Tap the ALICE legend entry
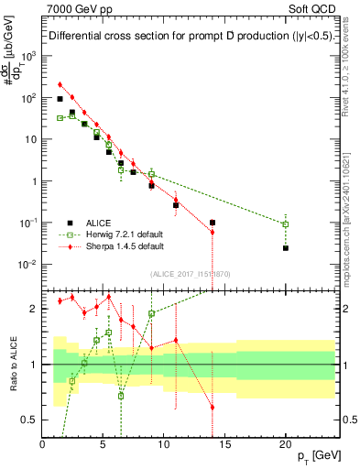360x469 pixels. (99, 222)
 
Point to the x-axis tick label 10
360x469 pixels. (164, 446)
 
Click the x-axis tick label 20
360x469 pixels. (286, 446)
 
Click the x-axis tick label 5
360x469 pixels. (104, 446)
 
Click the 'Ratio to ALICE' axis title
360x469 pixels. (12, 363)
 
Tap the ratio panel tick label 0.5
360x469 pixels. (30, 420)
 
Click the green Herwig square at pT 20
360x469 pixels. (286, 224)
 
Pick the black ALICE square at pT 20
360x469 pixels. (286, 248)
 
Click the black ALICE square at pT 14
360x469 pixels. (213, 223)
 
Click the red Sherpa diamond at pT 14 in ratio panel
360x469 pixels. (213, 407)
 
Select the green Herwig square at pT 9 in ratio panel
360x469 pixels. (151, 313)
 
